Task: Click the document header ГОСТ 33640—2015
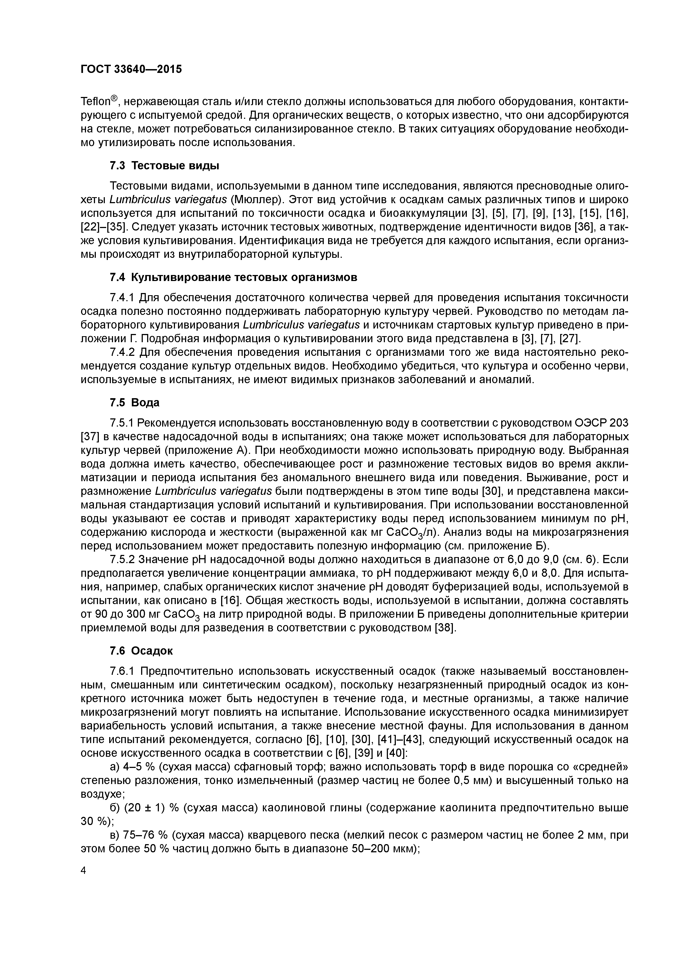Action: [131, 69]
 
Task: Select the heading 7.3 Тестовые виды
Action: [164, 166]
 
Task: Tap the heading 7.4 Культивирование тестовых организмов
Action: [233, 277]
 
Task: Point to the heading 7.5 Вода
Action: [134, 403]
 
